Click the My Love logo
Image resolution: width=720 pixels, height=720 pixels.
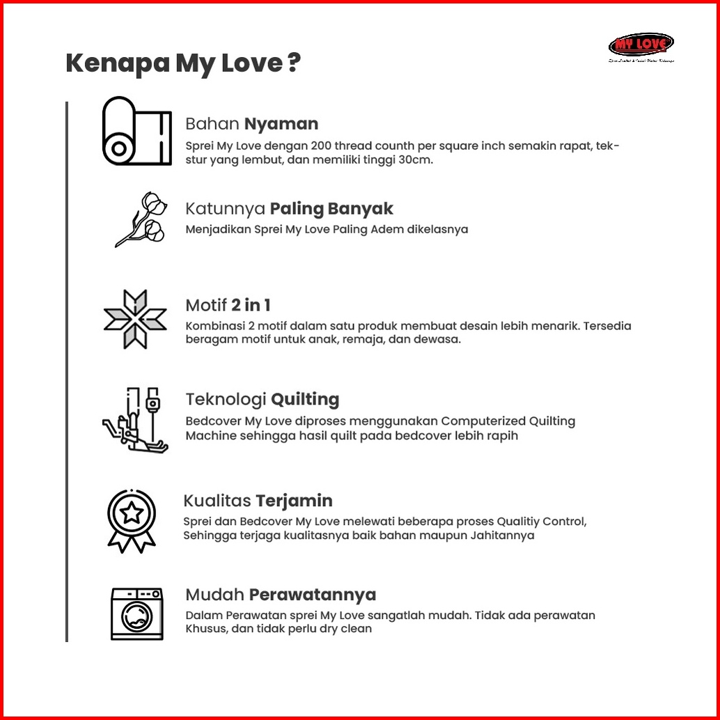(x=641, y=46)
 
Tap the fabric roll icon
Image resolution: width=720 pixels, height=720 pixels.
(x=137, y=131)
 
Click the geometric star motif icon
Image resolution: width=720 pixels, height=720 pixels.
(x=135, y=319)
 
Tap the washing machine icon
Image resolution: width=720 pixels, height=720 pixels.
(x=137, y=613)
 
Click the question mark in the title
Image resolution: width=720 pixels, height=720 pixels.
(x=294, y=63)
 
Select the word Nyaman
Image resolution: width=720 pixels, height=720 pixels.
(x=281, y=124)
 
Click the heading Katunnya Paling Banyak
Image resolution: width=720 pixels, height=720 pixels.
(x=289, y=208)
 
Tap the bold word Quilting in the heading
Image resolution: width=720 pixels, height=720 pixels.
(x=305, y=399)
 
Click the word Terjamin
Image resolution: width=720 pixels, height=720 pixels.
(x=294, y=501)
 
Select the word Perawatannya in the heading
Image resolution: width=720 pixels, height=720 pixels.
(x=313, y=595)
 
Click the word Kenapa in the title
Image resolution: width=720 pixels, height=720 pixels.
(x=117, y=63)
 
